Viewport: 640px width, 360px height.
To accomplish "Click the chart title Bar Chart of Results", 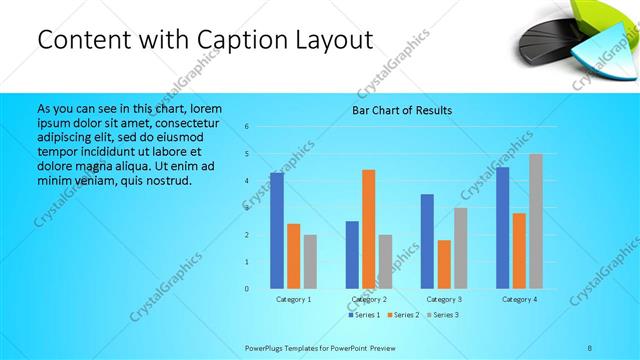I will (402, 110).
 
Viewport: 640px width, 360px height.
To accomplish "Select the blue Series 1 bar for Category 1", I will (277, 230).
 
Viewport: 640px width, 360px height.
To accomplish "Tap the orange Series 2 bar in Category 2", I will (369, 229).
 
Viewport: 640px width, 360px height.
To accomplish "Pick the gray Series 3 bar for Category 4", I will (536, 221).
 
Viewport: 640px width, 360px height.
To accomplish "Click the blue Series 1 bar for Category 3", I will (427, 241).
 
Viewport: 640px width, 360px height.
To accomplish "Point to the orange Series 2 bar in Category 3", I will (444, 264).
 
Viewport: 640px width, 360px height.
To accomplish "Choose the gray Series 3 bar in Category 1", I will (310, 261).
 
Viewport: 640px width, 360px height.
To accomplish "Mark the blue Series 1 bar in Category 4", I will (502, 227).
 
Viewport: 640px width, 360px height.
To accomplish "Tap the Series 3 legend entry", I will (442, 315).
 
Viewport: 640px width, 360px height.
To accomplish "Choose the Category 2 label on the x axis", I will (369, 299).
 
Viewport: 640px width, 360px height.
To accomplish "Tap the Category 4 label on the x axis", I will (519, 299).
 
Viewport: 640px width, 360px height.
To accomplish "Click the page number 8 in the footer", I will (590, 346).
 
